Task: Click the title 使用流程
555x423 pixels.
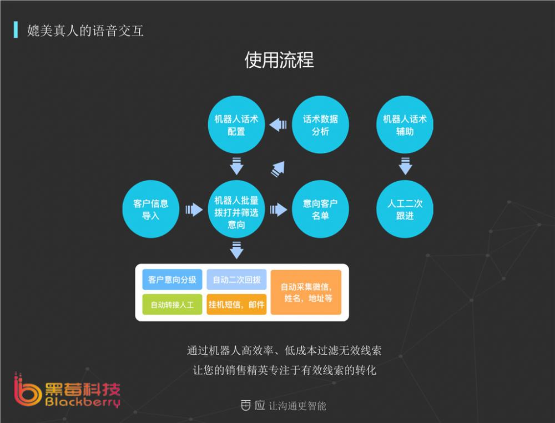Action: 279,60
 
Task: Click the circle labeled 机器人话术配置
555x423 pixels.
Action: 236,125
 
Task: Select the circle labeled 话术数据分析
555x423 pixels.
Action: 320,125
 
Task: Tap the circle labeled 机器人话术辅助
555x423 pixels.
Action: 405,125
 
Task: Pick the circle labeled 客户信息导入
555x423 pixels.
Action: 151,209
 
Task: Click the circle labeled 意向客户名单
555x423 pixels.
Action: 320,209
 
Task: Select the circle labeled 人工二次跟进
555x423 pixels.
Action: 405,209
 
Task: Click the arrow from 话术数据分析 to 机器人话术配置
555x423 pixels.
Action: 278,125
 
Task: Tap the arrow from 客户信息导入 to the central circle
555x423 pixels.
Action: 194,210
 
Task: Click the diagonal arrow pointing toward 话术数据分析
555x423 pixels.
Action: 277,168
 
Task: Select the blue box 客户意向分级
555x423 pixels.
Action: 172,280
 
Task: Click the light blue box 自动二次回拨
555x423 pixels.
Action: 236,280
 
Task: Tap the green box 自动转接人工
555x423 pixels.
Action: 172,305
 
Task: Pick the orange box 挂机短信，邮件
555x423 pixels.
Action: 236,305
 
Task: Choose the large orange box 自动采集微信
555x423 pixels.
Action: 306,292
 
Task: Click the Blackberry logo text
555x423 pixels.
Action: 83,403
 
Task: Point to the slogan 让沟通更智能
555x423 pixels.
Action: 297,406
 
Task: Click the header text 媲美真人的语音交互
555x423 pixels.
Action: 85,30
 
